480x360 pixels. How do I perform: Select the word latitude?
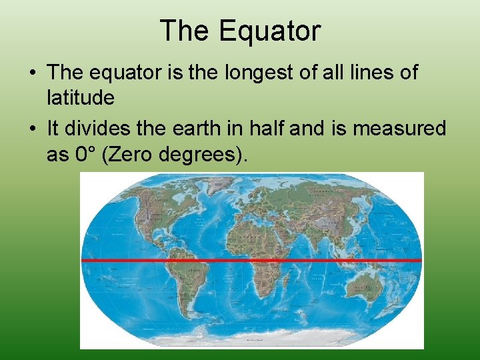[81, 98]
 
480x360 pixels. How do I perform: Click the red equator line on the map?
[252, 259]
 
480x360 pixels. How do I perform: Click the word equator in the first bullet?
[131, 73]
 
